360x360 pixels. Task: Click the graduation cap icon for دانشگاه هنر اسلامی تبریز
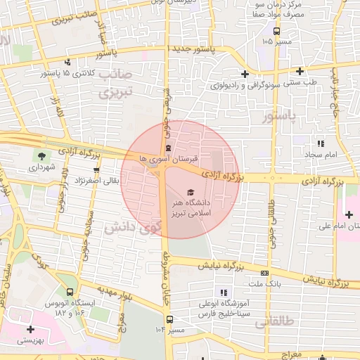pos(190,192)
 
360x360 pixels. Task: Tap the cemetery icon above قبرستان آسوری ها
pos(168,148)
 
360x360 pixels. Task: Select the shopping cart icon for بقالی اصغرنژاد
pos(96,170)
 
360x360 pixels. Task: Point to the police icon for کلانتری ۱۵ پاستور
pos(67,62)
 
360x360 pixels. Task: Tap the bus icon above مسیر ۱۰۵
pos(276,31)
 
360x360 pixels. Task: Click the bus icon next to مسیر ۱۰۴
pos(170,329)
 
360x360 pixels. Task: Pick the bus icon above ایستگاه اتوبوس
pos(70,292)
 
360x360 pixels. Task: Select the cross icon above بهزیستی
pos(30,329)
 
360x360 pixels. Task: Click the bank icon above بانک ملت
pos(264,273)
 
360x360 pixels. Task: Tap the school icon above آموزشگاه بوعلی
pos(224,292)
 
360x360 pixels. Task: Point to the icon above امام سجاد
pos(321,143)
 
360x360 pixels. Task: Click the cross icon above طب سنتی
pos(300,71)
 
